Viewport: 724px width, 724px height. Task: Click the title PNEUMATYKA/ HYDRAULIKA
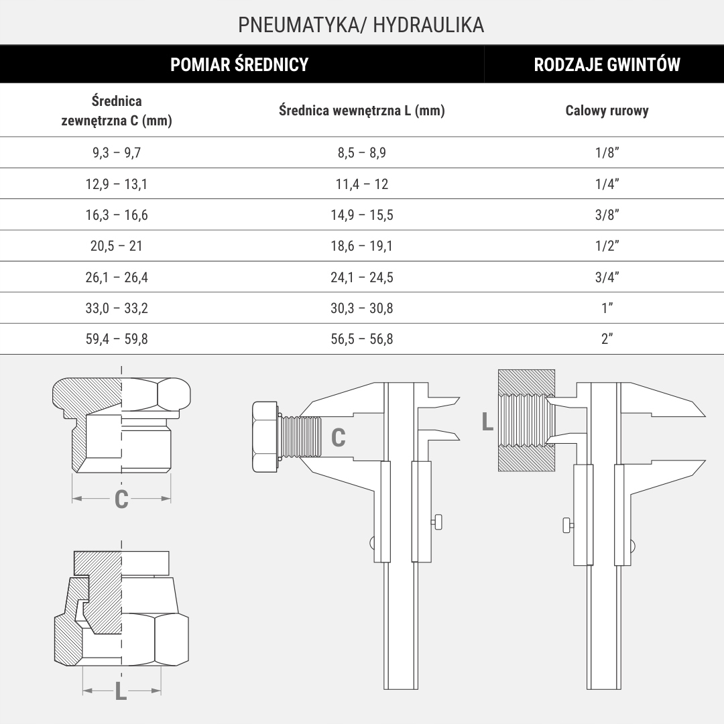[361, 25]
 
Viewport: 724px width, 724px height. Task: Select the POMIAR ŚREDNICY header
[239, 64]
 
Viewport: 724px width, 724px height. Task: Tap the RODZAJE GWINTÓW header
[607, 64]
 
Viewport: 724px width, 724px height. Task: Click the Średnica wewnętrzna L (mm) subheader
[362, 111]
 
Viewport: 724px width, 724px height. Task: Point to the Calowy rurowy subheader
[607, 111]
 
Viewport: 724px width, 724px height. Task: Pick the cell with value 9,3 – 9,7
[117, 153]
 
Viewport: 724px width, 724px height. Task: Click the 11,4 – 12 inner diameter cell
[362, 184]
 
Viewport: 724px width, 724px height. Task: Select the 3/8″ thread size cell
[607, 215]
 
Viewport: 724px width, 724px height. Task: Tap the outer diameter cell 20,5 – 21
[117, 246]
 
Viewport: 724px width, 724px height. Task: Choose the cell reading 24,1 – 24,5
[362, 278]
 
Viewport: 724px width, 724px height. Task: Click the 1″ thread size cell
[607, 308]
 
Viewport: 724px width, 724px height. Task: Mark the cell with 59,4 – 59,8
[117, 339]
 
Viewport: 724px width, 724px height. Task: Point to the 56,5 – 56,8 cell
[362, 339]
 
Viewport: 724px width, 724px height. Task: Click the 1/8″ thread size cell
[607, 153]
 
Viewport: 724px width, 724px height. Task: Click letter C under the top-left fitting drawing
[121, 499]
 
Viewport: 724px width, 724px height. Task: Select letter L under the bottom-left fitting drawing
[121, 691]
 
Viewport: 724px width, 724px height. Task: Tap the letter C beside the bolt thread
[339, 438]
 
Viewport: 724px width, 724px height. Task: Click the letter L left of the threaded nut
[487, 422]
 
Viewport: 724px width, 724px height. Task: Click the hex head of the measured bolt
[265, 436]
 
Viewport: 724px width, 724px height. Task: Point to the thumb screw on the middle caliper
[438, 520]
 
